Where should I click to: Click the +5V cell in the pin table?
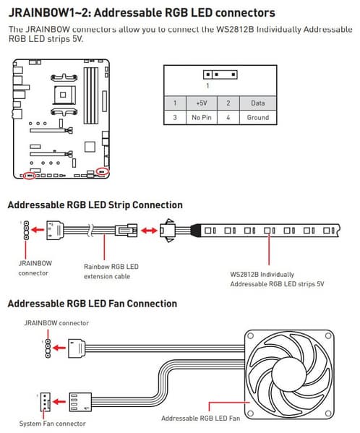tap(202, 103)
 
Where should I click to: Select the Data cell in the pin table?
tap(258, 103)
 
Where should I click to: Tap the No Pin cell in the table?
tap(202, 118)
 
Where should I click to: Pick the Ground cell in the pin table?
tap(258, 118)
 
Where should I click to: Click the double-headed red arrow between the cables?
tap(149, 231)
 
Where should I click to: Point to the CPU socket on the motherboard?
tap(64, 95)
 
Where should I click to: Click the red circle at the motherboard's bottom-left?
tap(29, 176)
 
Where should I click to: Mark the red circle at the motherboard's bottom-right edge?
tap(103, 171)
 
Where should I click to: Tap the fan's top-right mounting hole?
tap(328, 336)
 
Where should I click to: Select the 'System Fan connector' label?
tap(53, 424)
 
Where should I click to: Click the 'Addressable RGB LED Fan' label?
tap(200, 419)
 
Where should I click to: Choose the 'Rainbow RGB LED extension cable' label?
tap(111, 272)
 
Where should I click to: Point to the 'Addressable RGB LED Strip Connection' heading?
tap(95, 205)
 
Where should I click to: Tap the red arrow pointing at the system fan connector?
tap(59, 401)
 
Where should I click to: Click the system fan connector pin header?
tap(45, 402)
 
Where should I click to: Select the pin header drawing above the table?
tap(220, 74)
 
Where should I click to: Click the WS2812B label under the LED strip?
tap(277, 279)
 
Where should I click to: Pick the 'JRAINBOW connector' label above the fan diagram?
tap(56, 323)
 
